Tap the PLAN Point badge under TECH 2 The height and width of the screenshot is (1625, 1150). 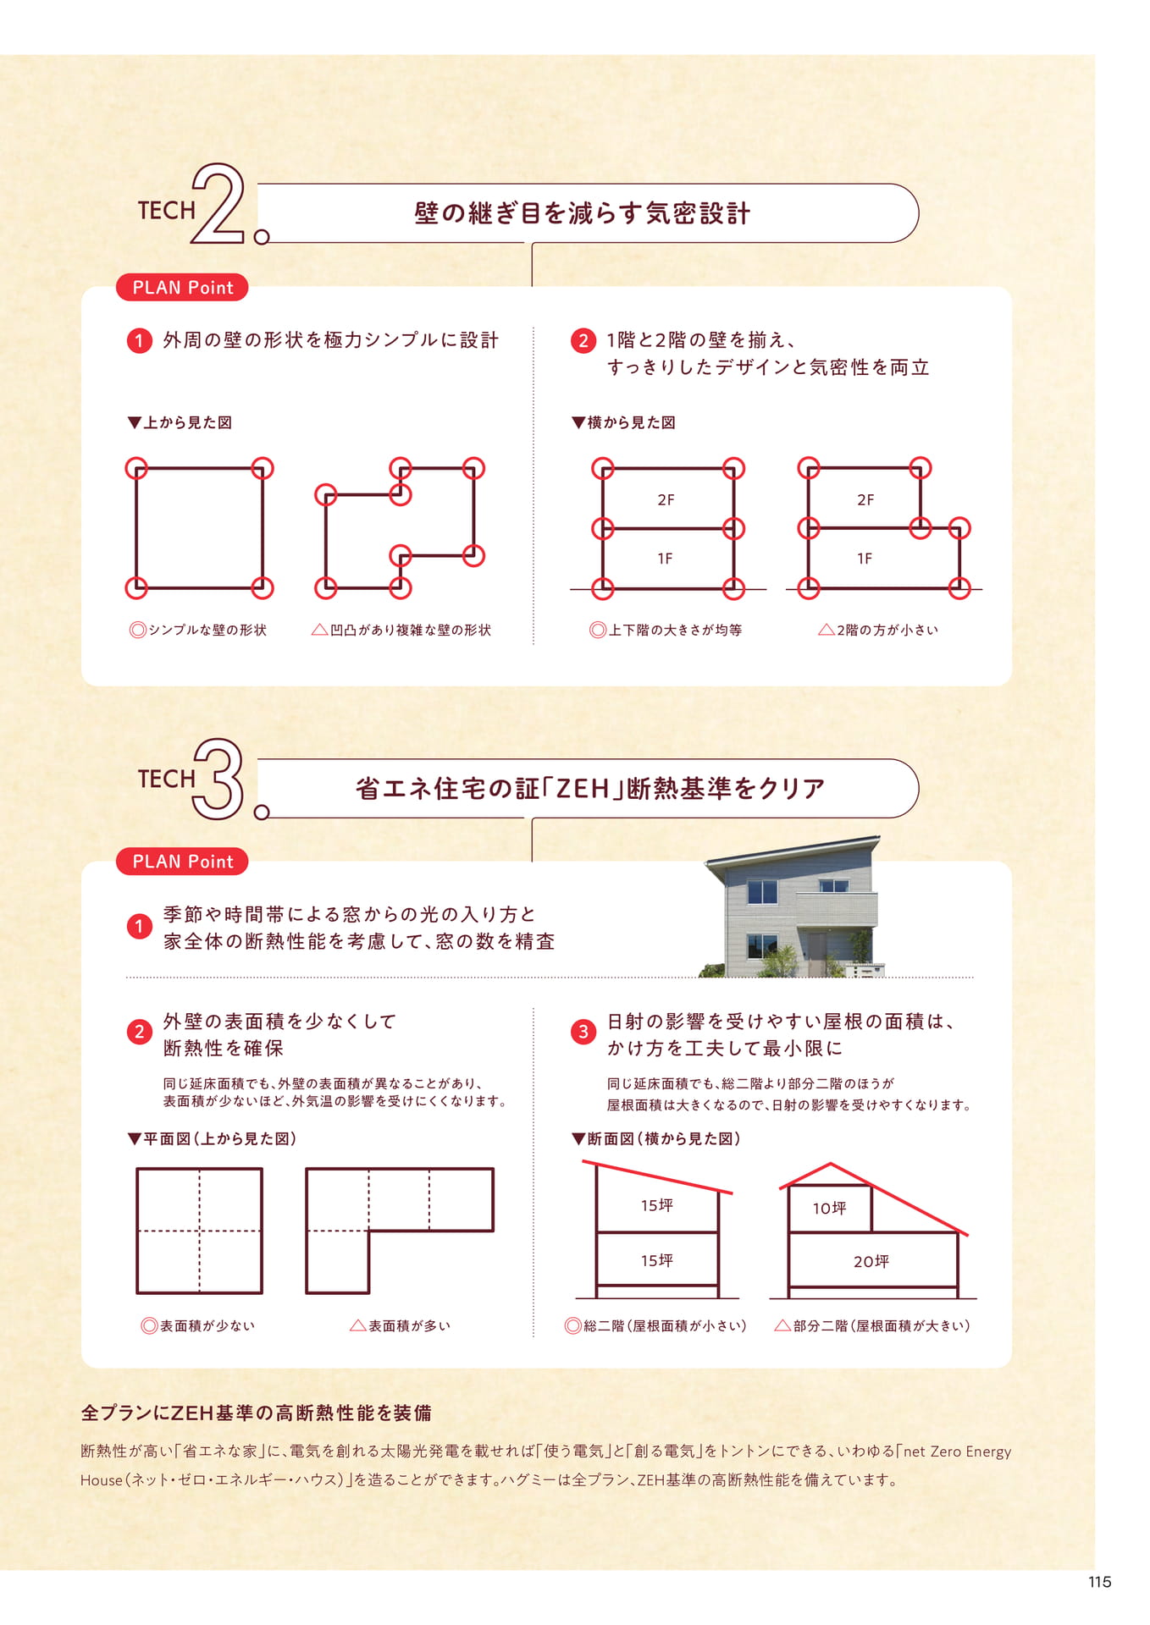coord(182,288)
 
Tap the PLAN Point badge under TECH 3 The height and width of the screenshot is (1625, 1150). coord(182,862)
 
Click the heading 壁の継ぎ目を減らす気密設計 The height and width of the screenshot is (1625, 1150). coord(583,213)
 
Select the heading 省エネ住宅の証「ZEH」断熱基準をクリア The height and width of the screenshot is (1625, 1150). coord(590,789)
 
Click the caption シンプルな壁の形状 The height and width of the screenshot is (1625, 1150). coord(198,630)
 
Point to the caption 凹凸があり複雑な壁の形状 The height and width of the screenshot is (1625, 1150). coord(401,630)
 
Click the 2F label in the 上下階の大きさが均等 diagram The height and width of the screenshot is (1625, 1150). coord(666,500)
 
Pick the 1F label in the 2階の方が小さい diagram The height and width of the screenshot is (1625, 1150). coord(864,559)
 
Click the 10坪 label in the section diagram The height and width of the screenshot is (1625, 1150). coord(829,1209)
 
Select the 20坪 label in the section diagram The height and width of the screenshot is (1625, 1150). coord(871,1261)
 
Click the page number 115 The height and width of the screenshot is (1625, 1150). coord(1099,1582)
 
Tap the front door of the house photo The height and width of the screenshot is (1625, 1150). coord(817,952)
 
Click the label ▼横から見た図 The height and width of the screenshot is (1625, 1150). coord(623,422)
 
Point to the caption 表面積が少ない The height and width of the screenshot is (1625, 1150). coord(198,1325)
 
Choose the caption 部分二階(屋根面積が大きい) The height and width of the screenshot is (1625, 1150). coord(872,1325)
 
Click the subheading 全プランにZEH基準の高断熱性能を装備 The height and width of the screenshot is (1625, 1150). coord(257,1413)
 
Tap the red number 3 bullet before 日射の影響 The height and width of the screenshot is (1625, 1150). coord(583,1032)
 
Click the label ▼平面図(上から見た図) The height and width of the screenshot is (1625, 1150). coord(212,1138)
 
